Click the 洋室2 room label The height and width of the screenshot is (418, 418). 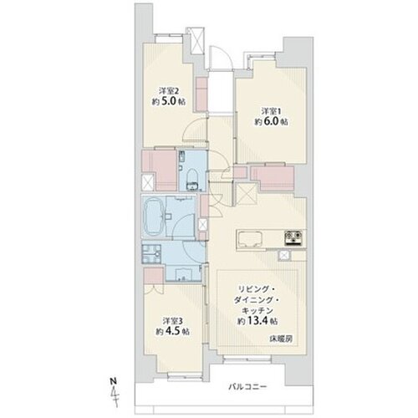tap(169, 91)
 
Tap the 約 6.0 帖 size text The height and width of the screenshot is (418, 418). tap(271, 122)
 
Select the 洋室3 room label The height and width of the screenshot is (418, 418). tap(173, 321)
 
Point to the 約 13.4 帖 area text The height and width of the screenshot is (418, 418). tap(257, 321)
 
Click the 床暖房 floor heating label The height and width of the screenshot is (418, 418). tap(281, 339)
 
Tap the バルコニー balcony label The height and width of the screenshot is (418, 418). tap(247, 387)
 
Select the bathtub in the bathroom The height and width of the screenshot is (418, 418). tap(154, 217)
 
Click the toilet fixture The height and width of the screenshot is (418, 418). tap(191, 179)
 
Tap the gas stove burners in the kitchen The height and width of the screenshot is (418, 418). tap(293, 238)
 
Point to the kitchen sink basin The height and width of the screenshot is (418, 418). tap(250, 239)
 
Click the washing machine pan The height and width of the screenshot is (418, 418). tap(151, 254)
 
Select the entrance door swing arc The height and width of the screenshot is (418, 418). tap(220, 56)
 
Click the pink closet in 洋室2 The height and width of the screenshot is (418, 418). tap(201, 94)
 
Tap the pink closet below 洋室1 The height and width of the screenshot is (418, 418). tap(273, 178)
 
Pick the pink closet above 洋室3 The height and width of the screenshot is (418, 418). tap(154, 276)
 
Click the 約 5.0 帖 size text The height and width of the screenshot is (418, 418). tap(169, 101)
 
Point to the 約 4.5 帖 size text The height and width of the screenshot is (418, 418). tap(173, 332)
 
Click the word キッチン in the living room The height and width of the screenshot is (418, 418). tap(257, 310)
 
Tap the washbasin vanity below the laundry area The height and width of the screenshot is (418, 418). tap(184, 273)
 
